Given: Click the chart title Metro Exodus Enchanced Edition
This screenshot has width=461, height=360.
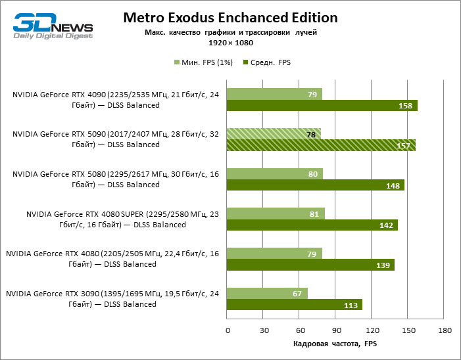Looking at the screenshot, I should click(230, 17).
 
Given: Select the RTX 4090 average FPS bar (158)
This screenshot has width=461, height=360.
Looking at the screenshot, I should click(322, 106).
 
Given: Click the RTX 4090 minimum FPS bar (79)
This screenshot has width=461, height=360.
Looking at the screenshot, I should click(274, 94).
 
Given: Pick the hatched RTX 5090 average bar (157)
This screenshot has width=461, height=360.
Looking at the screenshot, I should click(321, 146).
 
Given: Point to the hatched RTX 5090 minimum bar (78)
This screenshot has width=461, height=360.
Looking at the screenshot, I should click(274, 134).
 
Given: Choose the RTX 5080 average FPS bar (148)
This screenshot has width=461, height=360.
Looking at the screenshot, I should click(316, 185).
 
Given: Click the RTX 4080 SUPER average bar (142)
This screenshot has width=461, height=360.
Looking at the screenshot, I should click(312, 225).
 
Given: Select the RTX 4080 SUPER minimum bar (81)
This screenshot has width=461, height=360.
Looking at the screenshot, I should click(276, 214).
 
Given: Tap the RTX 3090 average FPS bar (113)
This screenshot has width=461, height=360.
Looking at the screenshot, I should click(295, 305).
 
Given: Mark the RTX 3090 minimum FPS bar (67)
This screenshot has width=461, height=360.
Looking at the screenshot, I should click(267, 293).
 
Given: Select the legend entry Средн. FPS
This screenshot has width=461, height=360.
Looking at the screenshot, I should click(267, 62).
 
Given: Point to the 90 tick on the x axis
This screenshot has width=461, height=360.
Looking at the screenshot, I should click(336, 330).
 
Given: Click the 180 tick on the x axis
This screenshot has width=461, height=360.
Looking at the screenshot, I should click(445, 330).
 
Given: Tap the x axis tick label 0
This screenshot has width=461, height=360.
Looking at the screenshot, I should click(228, 330).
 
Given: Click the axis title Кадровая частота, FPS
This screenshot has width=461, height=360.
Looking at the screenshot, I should click(335, 344).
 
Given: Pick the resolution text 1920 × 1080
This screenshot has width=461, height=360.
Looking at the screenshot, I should click(230, 42).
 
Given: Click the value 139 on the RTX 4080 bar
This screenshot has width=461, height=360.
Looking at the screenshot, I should click(383, 265).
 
